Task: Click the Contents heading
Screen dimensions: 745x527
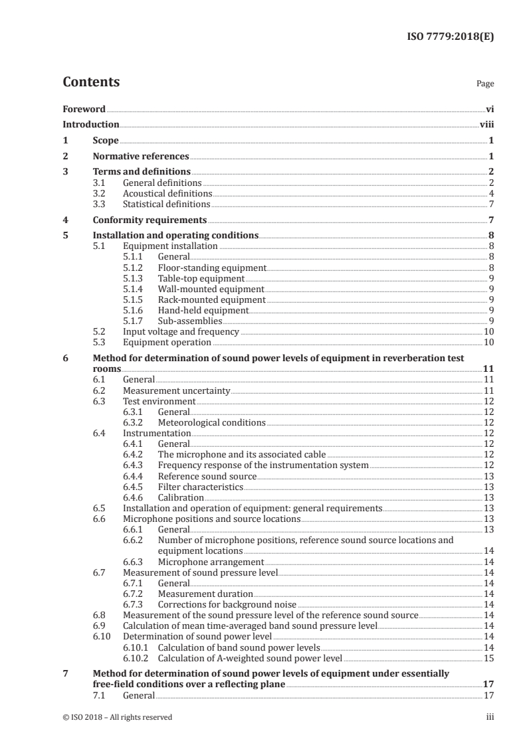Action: point(91,82)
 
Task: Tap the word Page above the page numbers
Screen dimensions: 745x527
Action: point(485,84)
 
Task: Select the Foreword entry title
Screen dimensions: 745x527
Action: point(84,109)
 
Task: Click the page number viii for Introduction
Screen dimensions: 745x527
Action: point(486,124)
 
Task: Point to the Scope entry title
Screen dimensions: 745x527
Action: point(105,141)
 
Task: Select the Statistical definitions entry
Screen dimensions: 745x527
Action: point(166,204)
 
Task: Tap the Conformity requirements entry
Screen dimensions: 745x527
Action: point(150,220)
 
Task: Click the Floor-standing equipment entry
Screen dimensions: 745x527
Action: point(211,268)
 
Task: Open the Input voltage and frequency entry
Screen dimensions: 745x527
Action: point(181,331)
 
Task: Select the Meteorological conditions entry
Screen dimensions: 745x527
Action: point(211,422)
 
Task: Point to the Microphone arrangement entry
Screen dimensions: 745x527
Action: point(202,561)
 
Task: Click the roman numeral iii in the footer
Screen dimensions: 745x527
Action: point(490,716)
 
